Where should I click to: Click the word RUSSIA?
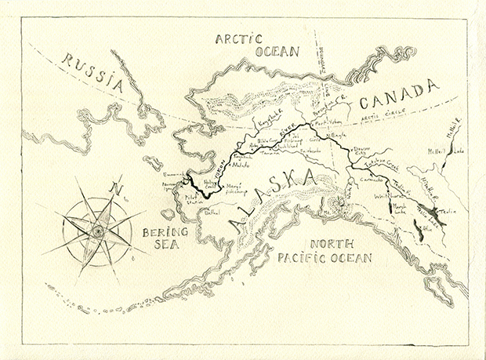(x=93, y=68)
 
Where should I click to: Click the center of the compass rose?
(x=96, y=231)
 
